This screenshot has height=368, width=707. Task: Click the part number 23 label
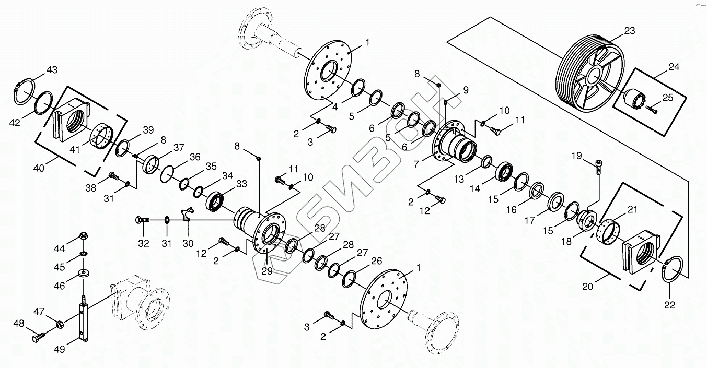coord(629,31)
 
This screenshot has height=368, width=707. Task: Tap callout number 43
coord(52,70)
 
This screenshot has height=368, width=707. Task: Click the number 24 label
coord(674,67)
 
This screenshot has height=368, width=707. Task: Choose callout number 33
coord(241,184)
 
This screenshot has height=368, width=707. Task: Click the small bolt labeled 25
coord(652,109)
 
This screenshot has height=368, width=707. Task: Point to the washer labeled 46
coord(84,274)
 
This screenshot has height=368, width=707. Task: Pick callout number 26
coord(376,261)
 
